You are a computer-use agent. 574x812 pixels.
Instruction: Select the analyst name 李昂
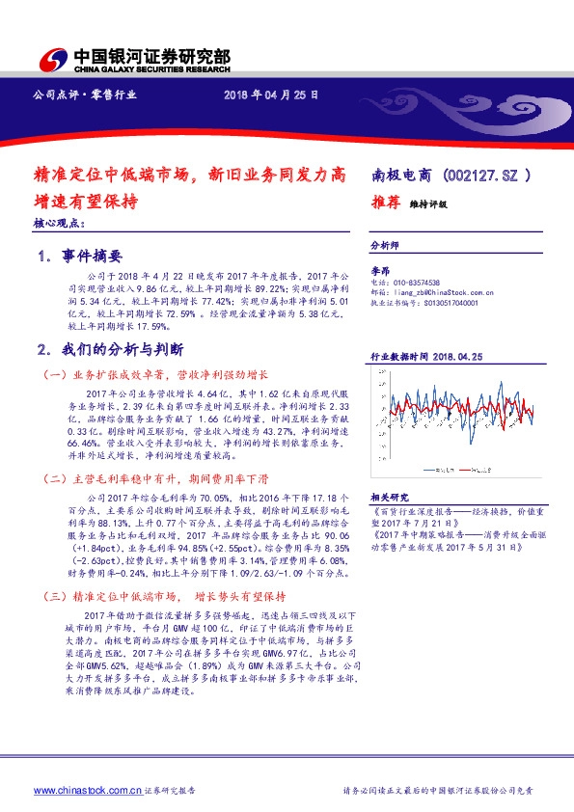(380, 273)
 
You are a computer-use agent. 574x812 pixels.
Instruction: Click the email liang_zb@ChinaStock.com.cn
(435, 292)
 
